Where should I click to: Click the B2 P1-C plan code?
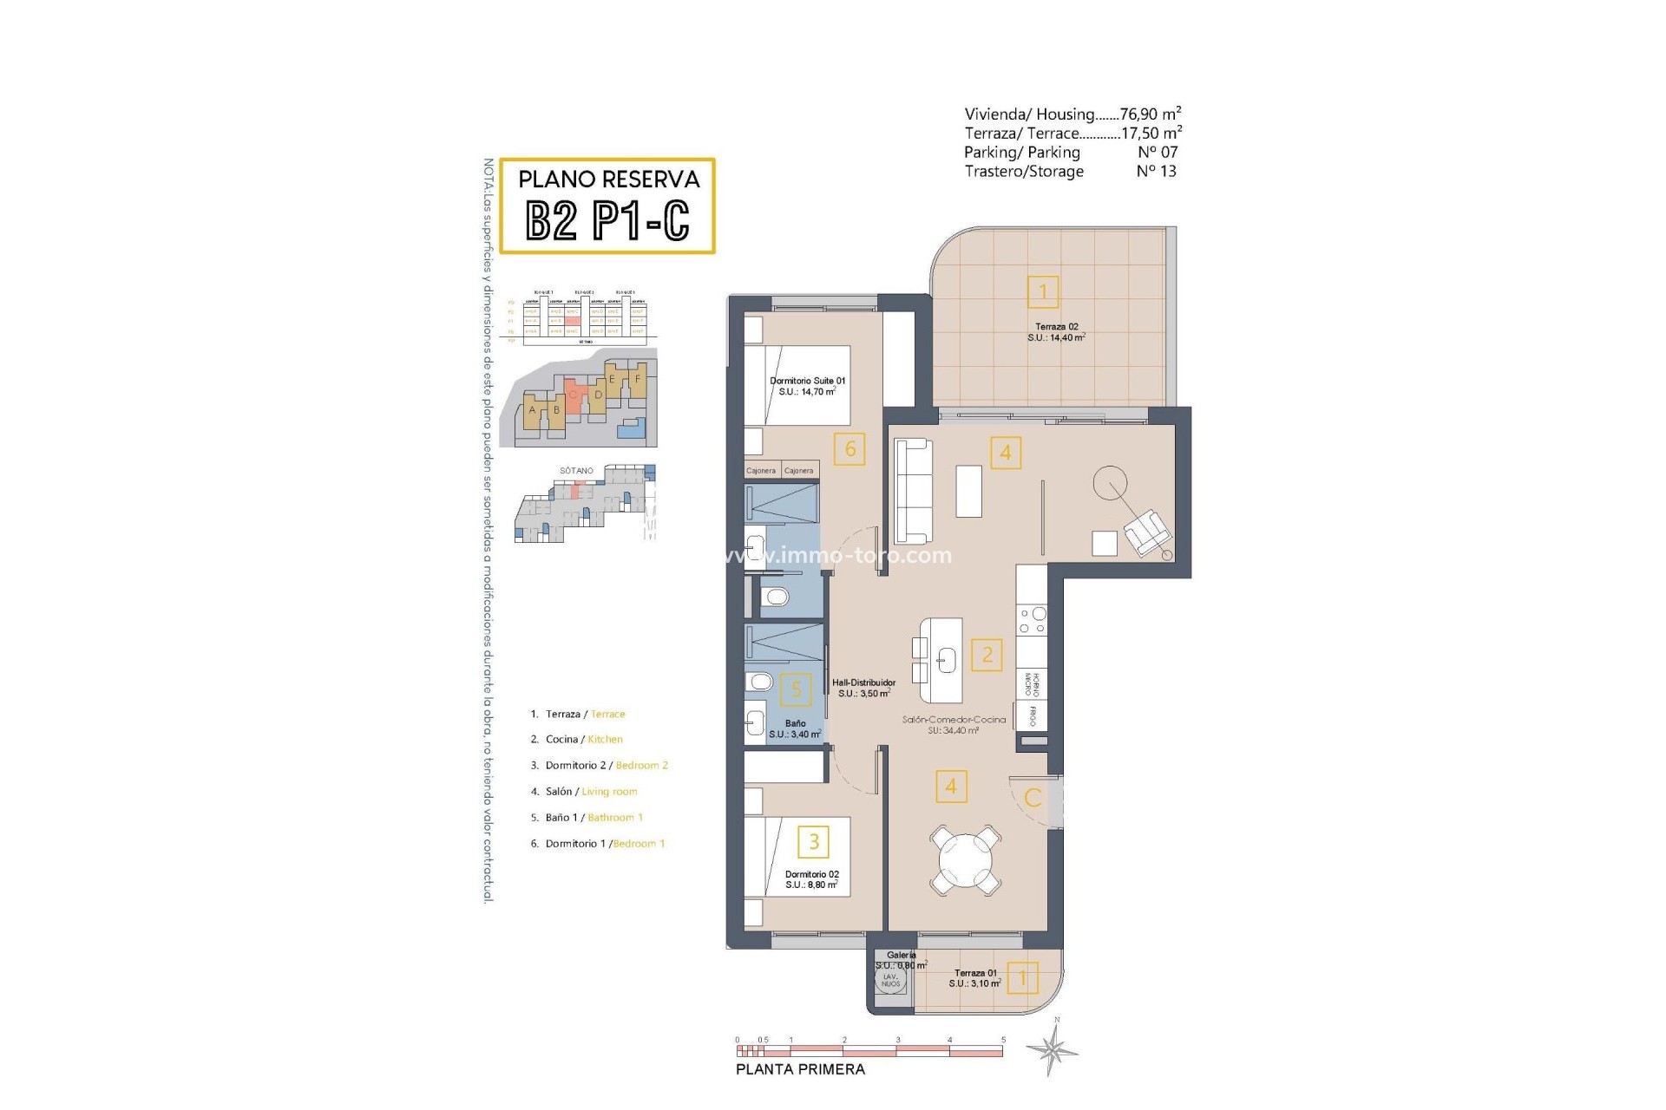(607, 220)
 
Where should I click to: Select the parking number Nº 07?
(1157, 152)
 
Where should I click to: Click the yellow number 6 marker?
(849, 449)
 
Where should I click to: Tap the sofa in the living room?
(913, 490)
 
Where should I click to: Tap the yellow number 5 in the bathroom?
(796, 690)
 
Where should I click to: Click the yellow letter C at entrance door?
(1033, 797)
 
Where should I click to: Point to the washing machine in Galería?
(890, 981)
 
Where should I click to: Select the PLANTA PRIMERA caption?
(800, 1069)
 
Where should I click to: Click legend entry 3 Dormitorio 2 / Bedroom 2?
(599, 766)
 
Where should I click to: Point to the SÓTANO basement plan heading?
(576, 471)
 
